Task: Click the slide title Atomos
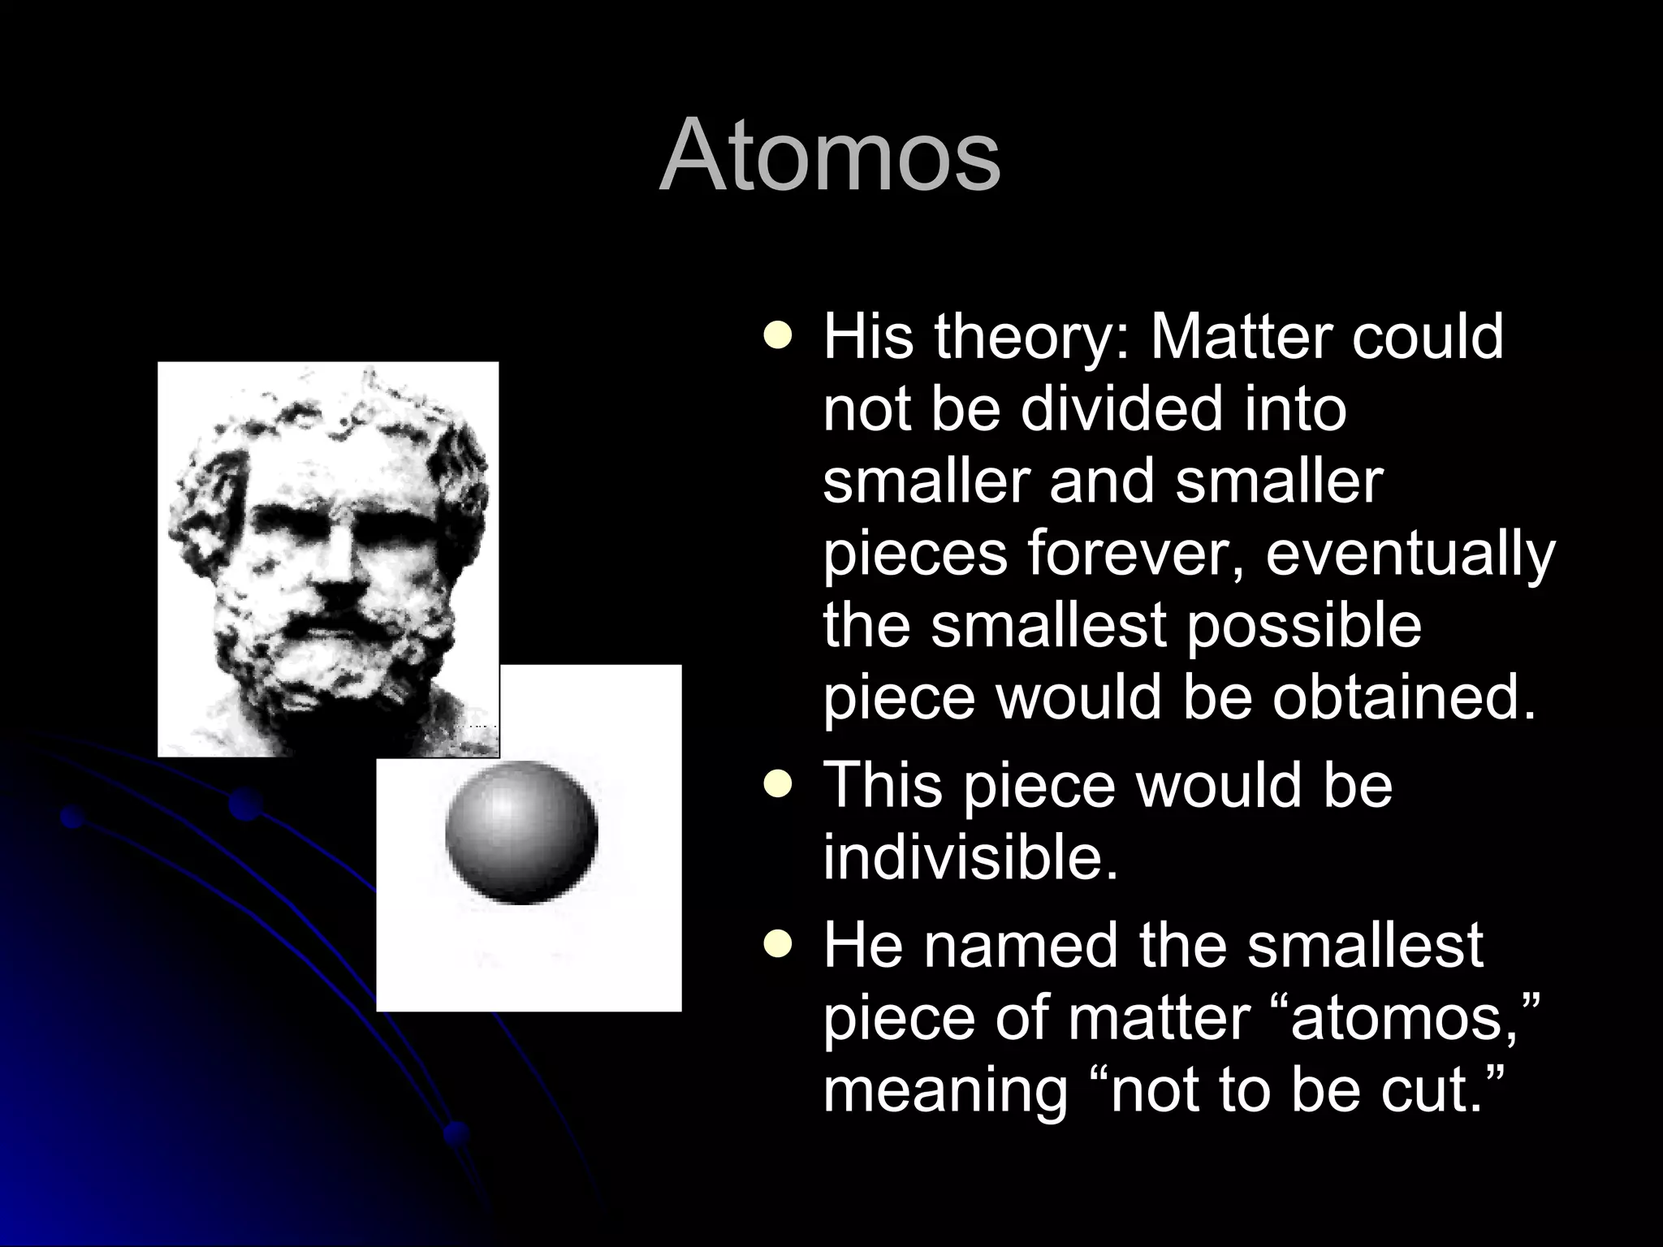[830, 154]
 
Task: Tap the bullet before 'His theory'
[778, 335]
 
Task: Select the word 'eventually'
[1410, 555]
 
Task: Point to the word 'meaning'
[945, 1092]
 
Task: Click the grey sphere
[521, 832]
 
